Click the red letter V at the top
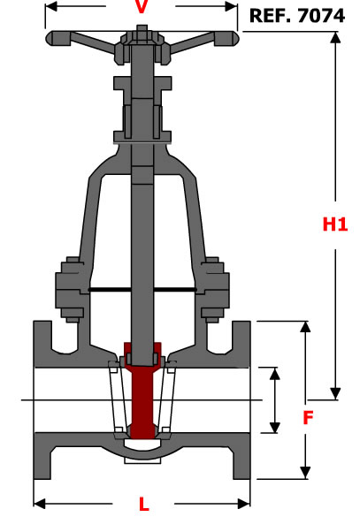point(142,7)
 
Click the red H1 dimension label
point(335,224)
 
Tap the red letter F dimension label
point(308,418)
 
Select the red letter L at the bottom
point(144,505)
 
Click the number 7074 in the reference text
point(321,16)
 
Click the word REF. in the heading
point(271,16)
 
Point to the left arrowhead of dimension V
point(50,6)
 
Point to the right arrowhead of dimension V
point(231,6)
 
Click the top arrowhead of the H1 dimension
point(335,37)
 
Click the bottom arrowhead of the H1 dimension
point(335,394)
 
